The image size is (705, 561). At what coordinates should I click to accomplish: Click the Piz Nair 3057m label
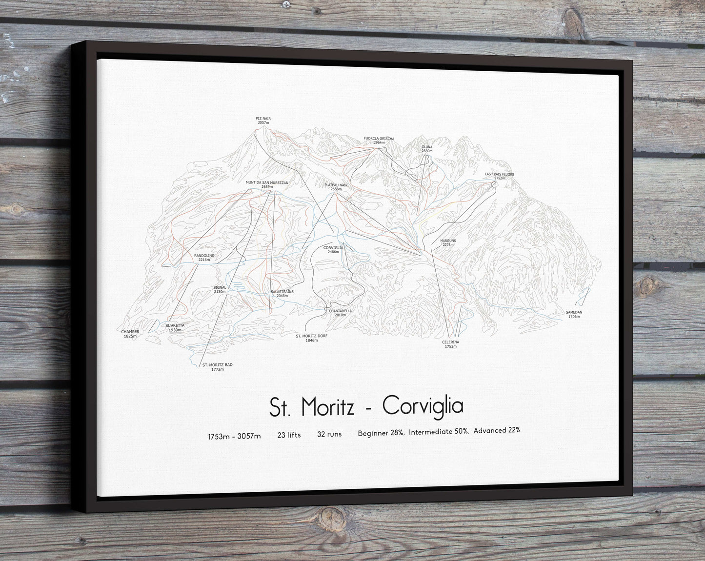coord(263,120)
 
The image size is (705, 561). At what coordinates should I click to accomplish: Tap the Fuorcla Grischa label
coord(379,140)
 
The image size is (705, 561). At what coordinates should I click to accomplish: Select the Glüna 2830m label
coord(427,149)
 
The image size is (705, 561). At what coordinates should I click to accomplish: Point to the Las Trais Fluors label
coord(499,176)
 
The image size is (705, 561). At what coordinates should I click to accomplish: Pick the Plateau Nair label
coord(336,187)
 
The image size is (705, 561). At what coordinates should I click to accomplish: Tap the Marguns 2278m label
coord(447,242)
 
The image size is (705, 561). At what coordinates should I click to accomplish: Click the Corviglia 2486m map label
coord(333,249)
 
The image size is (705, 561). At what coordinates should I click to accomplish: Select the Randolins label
coord(204,257)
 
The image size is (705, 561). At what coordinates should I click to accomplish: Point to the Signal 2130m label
coord(220,289)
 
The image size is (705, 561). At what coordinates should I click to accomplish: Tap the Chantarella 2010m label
coord(340,313)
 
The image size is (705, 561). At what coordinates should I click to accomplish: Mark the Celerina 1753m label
coord(450,344)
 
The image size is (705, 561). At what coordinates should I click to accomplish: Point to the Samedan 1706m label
coord(574,314)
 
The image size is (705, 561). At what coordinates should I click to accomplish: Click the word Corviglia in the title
coord(423,406)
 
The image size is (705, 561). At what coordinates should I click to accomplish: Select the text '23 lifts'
coord(289,435)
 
